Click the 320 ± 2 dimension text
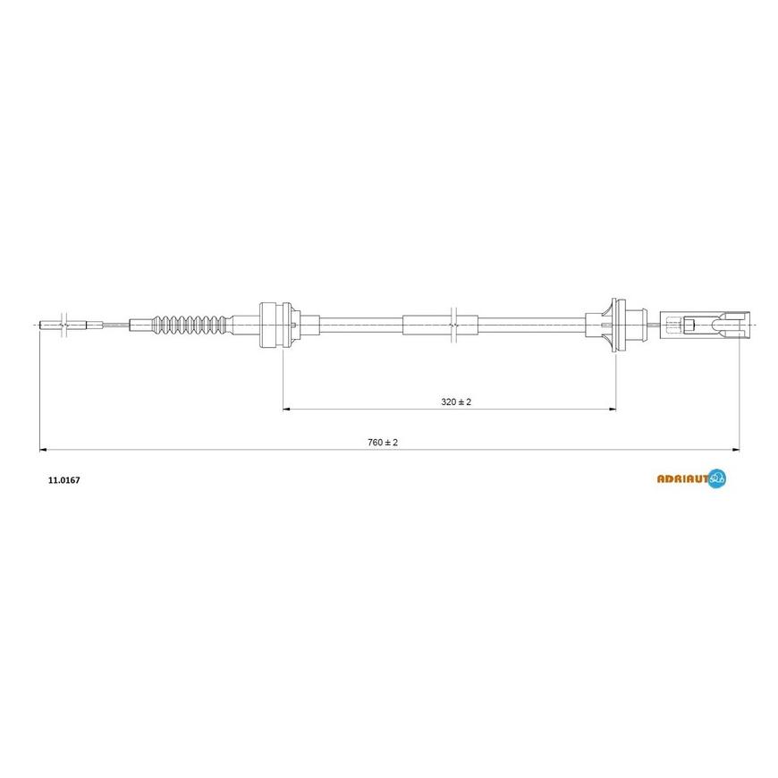point(455,402)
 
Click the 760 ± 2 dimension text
point(382,443)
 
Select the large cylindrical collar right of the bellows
point(275,324)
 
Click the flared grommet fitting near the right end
point(612,324)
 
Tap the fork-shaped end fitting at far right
point(722,324)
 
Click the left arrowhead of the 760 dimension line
point(42,450)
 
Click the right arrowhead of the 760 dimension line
point(737,450)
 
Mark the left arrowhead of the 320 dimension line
point(286,410)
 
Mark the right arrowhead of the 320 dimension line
point(613,410)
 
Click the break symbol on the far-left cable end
point(63,324)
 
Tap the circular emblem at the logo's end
point(717,479)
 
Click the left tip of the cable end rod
point(41,324)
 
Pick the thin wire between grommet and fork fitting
point(655,324)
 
